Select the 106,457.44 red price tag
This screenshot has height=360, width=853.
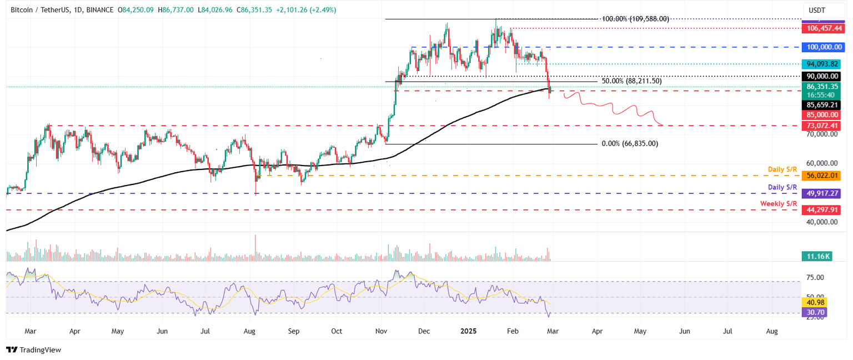pyautogui.click(x=821, y=28)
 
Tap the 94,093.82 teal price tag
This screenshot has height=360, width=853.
pyautogui.click(x=821, y=64)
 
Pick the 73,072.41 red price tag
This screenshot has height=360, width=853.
pyautogui.click(x=821, y=126)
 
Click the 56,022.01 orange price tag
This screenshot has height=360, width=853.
pyautogui.click(x=821, y=176)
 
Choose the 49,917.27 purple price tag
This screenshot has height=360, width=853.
pyautogui.click(x=821, y=193)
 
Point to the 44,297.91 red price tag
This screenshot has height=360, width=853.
pyautogui.click(x=821, y=210)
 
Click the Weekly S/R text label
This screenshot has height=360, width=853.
pyautogui.click(x=778, y=204)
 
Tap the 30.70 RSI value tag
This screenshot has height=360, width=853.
pyautogui.click(x=815, y=313)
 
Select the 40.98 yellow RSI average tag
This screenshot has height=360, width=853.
pyautogui.click(x=815, y=302)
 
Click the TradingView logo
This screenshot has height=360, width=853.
pyautogui.click(x=33, y=350)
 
